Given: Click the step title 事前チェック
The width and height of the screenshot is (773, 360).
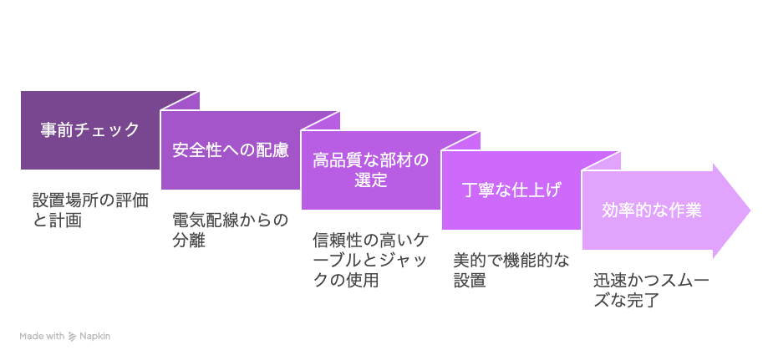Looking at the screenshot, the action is point(90,130).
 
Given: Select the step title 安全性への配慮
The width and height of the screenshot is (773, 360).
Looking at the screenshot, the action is point(230,150).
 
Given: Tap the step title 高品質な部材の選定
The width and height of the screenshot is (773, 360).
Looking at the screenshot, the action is point(371,170).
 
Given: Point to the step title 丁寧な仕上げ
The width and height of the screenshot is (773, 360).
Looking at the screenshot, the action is point(511,190).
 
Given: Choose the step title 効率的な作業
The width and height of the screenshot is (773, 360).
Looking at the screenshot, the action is point(651,210).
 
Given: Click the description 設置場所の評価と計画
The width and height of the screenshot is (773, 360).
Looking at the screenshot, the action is point(90,210).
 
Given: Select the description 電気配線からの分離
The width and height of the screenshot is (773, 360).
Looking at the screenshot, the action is point(230,231).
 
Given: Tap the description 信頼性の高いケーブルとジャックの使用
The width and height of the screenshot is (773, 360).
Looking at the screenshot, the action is point(371,260).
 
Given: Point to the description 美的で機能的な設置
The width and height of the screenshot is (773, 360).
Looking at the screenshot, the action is point(511,270).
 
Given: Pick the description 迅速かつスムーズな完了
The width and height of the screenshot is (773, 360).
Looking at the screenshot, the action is point(651,291).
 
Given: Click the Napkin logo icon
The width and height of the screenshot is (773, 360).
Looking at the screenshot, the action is point(72,337).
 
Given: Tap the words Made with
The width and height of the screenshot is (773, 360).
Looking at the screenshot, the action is point(42,337).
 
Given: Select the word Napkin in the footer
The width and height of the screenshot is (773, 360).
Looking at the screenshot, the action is point(95,337).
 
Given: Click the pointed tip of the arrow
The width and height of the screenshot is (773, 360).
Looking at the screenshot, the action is point(750,210).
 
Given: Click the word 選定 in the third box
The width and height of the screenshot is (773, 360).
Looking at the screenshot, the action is point(371,180).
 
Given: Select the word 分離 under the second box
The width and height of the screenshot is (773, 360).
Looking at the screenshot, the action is point(189,241).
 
